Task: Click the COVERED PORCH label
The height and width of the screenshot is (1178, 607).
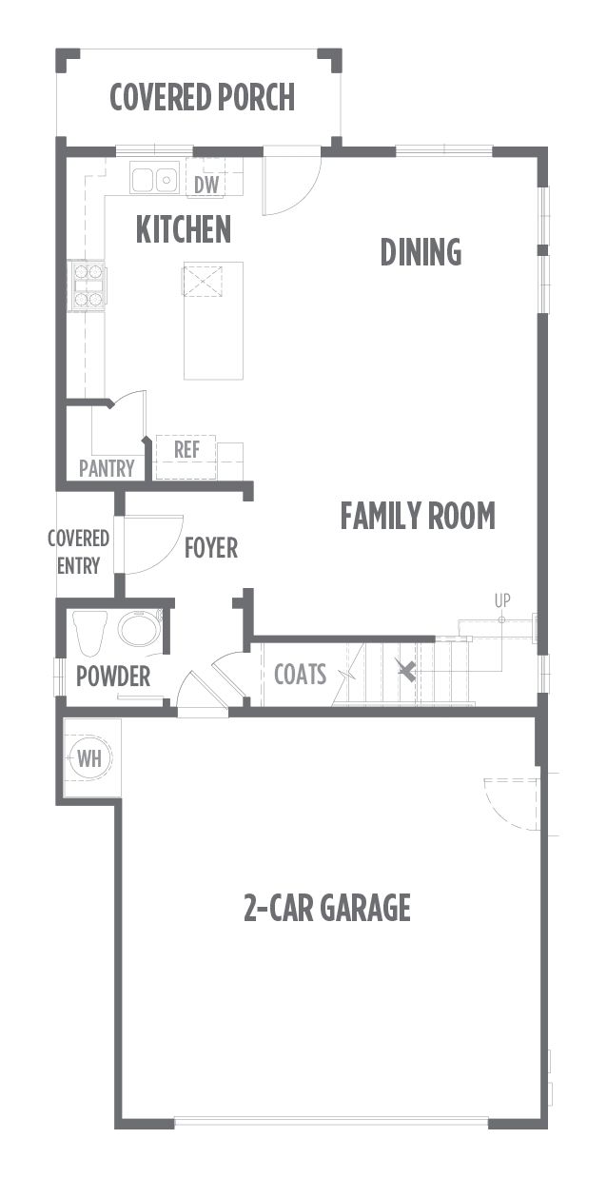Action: tap(202, 97)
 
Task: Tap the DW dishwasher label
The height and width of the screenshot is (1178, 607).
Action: tap(206, 185)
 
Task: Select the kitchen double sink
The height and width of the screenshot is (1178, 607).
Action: tap(153, 179)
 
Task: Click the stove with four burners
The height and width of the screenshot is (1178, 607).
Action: tap(88, 285)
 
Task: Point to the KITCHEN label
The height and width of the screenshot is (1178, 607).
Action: tap(183, 229)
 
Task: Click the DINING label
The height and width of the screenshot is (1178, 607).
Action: tap(421, 252)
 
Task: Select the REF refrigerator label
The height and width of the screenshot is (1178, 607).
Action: tap(186, 450)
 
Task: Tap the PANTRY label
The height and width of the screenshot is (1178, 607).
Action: tap(107, 468)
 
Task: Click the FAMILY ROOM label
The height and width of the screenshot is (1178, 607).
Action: tap(418, 516)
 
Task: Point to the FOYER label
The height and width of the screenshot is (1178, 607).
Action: tap(211, 548)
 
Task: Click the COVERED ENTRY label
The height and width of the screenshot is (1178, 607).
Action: tap(78, 552)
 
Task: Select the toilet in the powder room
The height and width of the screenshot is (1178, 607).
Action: tap(90, 633)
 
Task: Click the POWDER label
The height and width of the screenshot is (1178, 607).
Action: tap(113, 676)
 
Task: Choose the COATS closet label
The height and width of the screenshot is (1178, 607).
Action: tap(301, 675)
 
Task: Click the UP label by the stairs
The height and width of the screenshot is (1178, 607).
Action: tap(502, 600)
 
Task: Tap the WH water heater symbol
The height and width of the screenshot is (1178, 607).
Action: tap(89, 759)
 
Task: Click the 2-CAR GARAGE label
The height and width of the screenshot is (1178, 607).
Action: tap(327, 907)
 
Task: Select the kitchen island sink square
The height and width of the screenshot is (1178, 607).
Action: tap(202, 282)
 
